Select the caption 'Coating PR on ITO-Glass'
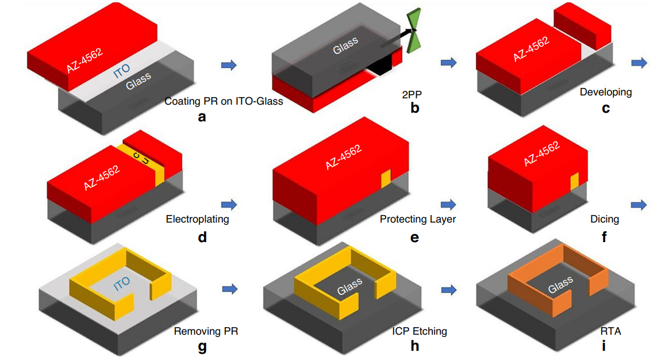224,101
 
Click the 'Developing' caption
605,92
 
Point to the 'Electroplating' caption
197,219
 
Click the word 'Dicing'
605,219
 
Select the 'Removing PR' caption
206,331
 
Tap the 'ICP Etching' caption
420,331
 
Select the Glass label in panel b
345,45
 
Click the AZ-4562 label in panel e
344,156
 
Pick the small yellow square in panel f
574,182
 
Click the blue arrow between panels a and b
229,65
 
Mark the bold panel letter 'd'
202,236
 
